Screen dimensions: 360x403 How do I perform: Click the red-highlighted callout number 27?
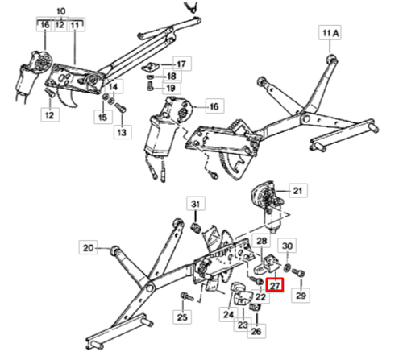[275, 284]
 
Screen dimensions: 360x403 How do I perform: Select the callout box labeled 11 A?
[331, 34]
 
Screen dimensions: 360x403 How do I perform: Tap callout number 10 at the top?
[59, 10]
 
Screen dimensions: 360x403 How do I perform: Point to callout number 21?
[297, 191]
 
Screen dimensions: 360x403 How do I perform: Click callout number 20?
[88, 248]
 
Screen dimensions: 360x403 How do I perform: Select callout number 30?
[289, 245]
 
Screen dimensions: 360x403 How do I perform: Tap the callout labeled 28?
[262, 241]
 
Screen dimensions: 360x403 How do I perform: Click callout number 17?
[181, 64]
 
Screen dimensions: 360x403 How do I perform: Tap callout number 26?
[256, 330]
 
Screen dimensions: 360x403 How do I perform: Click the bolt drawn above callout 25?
[185, 296]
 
